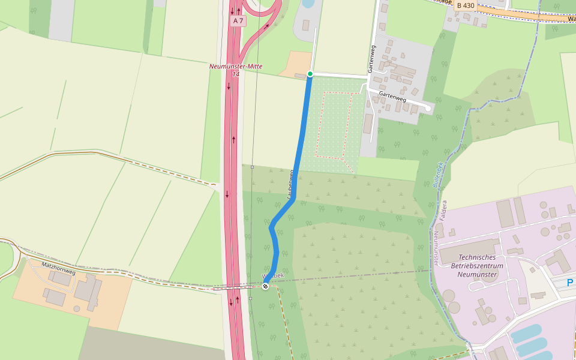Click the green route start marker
(310, 74)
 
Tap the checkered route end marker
(265, 286)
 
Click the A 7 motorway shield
(239, 21)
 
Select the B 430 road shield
(465, 5)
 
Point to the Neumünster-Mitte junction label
(236, 66)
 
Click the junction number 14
(236, 74)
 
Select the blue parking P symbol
(569, 282)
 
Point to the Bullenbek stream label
(437, 175)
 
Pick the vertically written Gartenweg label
(372, 58)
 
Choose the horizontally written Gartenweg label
(392, 95)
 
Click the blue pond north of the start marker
(308, 3)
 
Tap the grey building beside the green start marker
(300, 76)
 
